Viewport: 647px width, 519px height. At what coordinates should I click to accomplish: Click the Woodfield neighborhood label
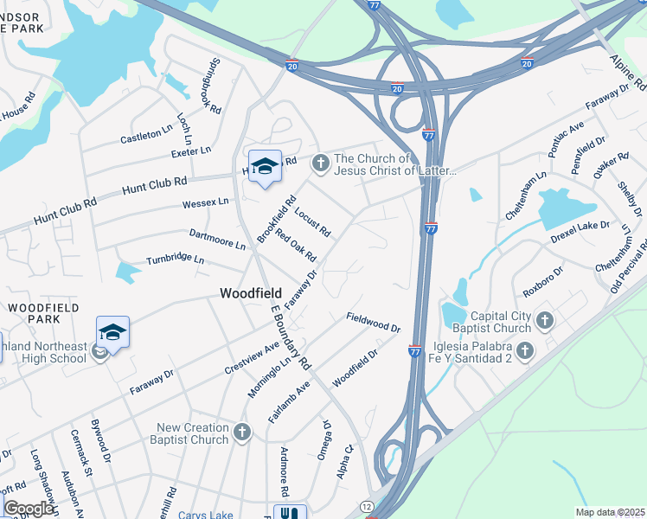[250, 294]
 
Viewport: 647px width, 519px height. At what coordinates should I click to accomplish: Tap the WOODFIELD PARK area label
[43, 314]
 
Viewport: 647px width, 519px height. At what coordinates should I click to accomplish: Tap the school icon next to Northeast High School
[112, 331]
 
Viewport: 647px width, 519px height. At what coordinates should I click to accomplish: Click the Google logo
[28, 509]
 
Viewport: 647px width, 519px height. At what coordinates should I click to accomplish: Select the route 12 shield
[368, 505]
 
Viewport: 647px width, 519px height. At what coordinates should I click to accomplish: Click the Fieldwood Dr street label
[374, 323]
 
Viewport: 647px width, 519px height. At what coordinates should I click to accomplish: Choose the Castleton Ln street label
[147, 135]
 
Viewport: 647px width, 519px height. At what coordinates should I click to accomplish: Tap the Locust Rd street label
[312, 221]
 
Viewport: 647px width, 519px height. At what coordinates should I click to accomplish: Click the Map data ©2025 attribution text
[610, 512]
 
